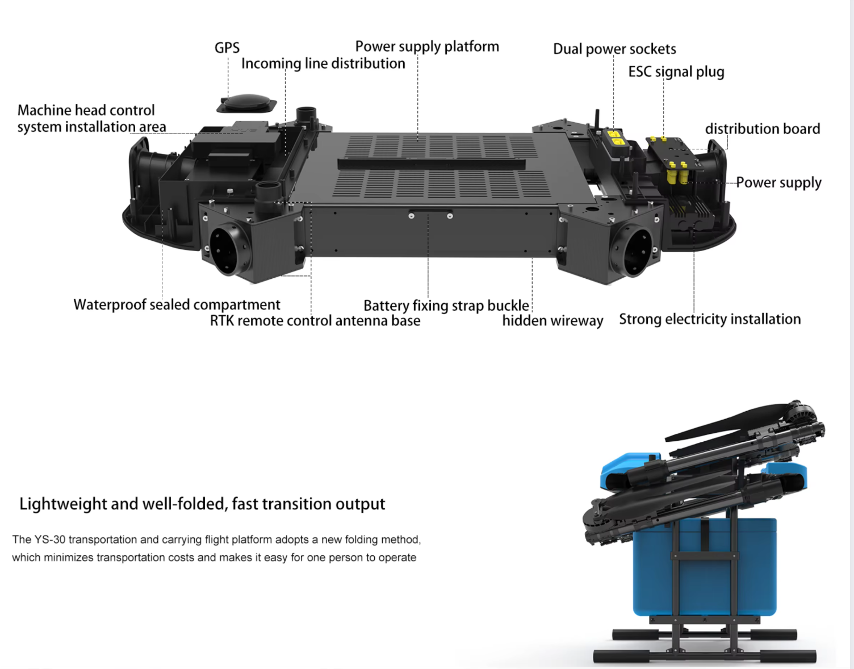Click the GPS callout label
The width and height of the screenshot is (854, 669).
[x=227, y=48]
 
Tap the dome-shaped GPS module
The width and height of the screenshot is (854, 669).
[x=246, y=103]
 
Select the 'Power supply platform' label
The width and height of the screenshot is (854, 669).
[x=427, y=47]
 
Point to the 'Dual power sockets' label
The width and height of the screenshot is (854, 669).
[x=614, y=49]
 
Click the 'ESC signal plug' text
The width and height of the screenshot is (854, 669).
[x=676, y=72]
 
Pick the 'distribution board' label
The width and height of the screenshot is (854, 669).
[x=763, y=129]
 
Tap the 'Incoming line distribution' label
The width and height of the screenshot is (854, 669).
[x=323, y=64]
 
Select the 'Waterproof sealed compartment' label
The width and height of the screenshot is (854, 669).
[x=177, y=305]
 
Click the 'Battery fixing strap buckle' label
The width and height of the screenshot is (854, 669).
[x=446, y=306]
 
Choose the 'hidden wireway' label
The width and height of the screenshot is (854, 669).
[x=552, y=321]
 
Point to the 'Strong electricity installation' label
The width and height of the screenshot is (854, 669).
[x=710, y=319]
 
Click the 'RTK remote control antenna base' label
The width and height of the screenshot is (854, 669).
[x=315, y=321]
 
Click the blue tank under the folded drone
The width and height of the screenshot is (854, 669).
[x=705, y=566]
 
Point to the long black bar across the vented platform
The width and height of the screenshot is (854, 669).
[x=432, y=164]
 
